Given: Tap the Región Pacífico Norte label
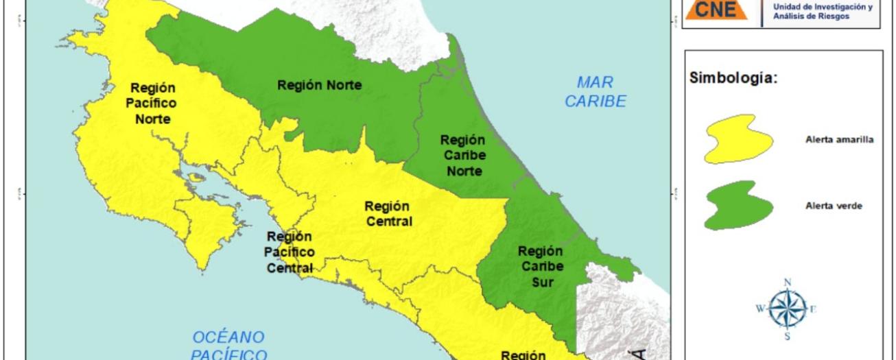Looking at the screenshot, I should click(153, 104).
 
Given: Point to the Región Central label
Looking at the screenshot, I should click(388, 213).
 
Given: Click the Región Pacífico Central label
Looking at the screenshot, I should click(289, 252).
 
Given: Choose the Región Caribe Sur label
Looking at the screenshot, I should click(541, 266).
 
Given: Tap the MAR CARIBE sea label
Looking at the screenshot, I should click(601, 93).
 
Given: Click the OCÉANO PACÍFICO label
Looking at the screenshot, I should click(228, 346).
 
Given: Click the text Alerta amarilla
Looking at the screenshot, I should click(839, 139).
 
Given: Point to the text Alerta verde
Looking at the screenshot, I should click(834, 206).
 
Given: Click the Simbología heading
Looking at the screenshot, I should click(733, 78).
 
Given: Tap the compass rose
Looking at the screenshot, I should click(788, 309).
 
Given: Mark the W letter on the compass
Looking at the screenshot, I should click(761, 309).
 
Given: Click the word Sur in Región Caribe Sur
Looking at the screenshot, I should click(541, 281).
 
